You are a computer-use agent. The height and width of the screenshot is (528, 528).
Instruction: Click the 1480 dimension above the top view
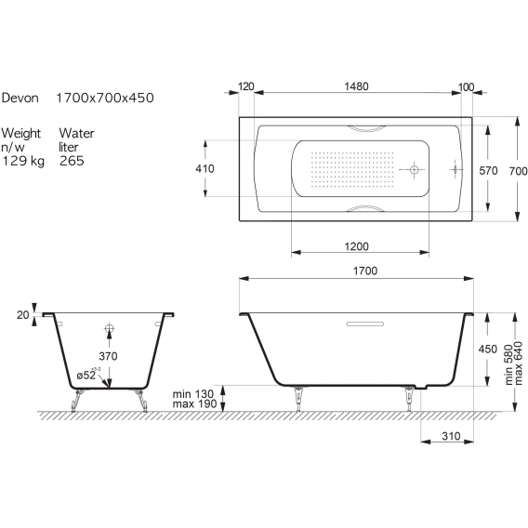[356, 86]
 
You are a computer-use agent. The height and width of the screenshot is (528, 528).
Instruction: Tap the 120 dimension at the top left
[245, 86]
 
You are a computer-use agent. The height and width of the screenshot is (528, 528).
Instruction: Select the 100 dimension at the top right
[466, 87]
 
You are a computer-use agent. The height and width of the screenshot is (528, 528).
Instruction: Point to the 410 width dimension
[205, 168]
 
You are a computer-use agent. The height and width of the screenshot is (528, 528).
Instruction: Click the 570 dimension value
[488, 171]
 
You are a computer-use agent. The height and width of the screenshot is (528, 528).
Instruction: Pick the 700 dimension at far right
[518, 171]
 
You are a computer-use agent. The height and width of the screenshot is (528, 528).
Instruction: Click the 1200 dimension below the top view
[356, 246]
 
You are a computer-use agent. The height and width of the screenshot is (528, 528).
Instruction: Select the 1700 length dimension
[365, 271]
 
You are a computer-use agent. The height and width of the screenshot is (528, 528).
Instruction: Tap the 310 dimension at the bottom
[451, 436]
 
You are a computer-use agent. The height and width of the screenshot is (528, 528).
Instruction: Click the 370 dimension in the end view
[108, 356]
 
